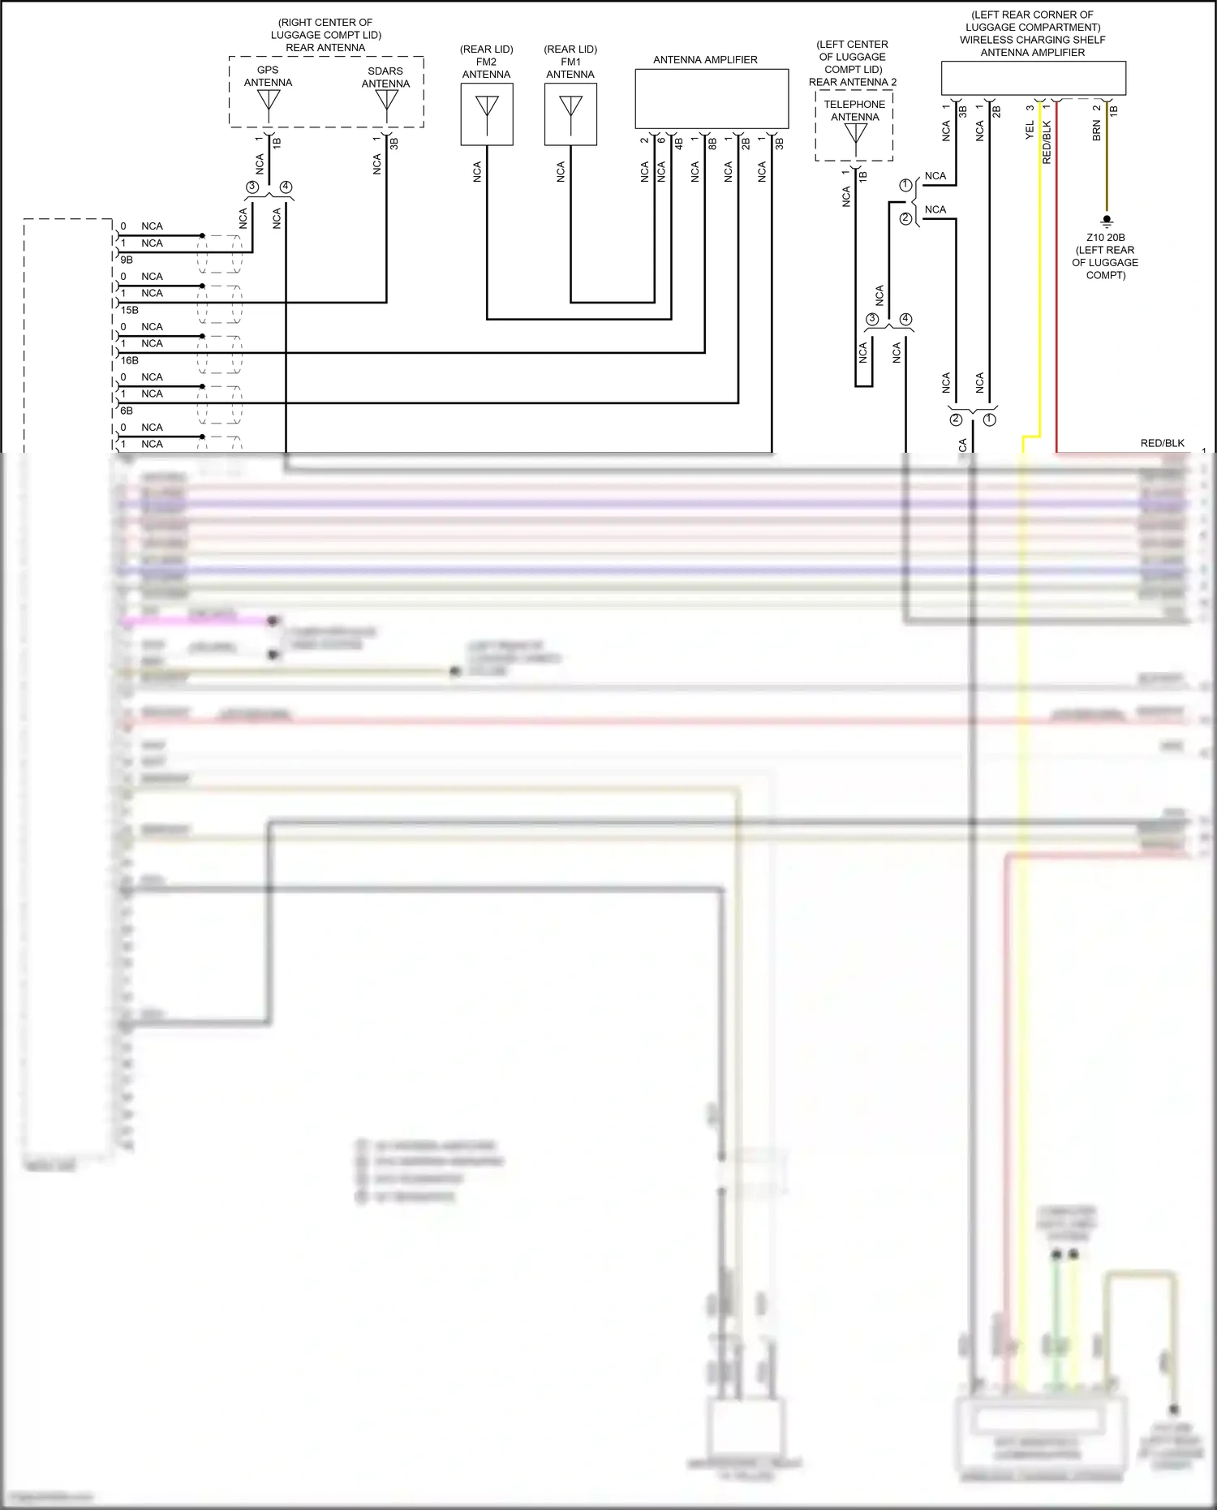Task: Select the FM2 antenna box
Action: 487,114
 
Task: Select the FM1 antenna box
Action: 570,114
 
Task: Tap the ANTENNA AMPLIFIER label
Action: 705,60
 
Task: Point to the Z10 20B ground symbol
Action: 1106,221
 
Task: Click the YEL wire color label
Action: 1030,130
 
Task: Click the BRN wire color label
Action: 1097,131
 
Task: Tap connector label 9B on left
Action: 127,260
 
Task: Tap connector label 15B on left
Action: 129,310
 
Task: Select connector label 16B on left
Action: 129,360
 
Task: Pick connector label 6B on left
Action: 127,411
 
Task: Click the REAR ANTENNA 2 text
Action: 853,82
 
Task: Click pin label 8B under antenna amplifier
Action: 712,143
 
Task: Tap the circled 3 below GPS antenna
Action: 252,187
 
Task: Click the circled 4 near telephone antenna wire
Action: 905,319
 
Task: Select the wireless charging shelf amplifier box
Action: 1033,79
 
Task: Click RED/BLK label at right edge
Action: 1162,443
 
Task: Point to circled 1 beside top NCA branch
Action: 905,185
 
